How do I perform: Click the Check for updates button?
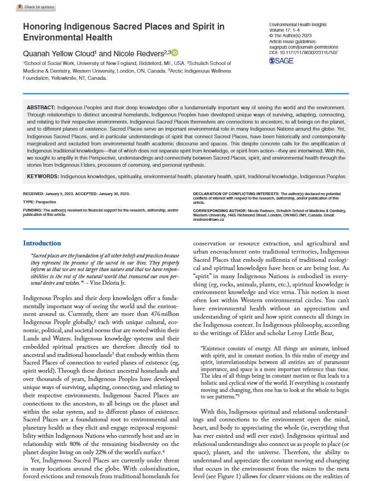20,6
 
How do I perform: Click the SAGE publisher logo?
282,61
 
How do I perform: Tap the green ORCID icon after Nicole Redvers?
175,53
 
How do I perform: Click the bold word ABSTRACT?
41,107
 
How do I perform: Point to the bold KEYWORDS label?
42,177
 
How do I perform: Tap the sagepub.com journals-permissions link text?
304,48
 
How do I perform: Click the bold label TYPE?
28,202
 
